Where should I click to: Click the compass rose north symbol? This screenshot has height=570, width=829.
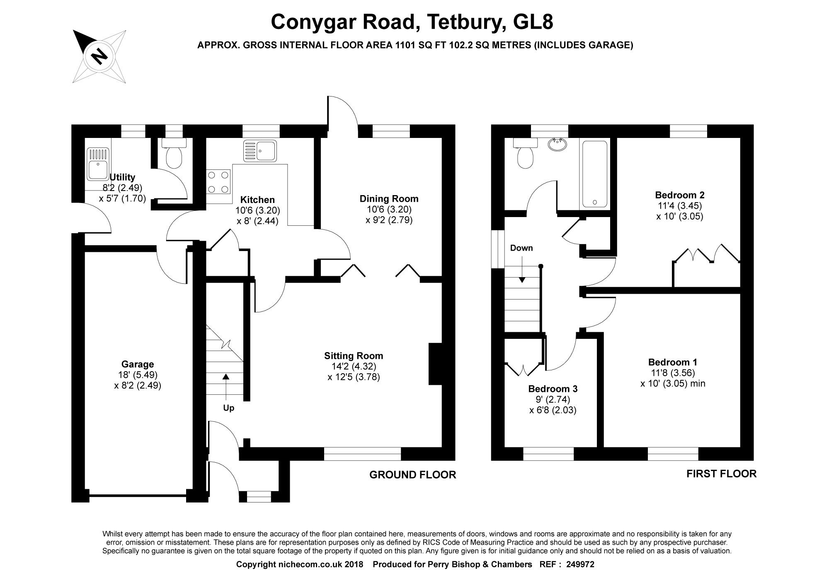pos(99,56)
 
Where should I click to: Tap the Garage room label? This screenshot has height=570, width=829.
pos(138,365)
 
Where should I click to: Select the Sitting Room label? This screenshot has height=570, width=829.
pos(354,356)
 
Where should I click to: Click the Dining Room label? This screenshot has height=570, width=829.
pos(389,199)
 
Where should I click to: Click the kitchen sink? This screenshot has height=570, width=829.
pos(260,151)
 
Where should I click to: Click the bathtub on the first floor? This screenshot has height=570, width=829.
pos(595,174)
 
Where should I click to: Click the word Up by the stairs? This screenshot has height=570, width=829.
pos(229,408)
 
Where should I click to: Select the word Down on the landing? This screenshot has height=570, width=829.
pos(521,248)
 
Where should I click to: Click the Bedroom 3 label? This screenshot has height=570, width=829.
pos(553,389)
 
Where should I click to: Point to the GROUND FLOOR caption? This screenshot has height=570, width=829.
pos(412,475)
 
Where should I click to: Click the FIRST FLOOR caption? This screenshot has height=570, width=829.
pos(721,473)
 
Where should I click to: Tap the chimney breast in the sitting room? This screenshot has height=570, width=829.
pos(435,364)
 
